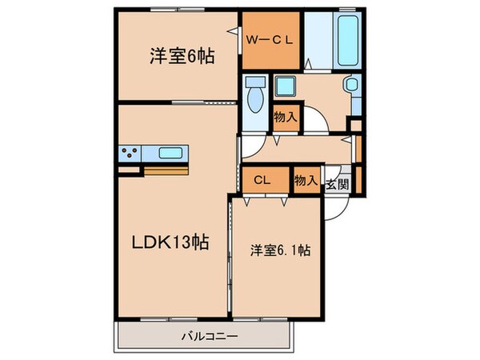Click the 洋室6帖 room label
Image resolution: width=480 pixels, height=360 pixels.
(x=181, y=58)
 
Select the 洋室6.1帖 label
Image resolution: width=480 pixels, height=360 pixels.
(x=277, y=250)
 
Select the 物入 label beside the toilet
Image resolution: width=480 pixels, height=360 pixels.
(x=286, y=117)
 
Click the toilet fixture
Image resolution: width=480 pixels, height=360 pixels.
(x=255, y=96)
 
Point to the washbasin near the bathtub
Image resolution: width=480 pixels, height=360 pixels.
(x=350, y=87)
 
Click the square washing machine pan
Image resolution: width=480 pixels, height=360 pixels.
(x=285, y=86)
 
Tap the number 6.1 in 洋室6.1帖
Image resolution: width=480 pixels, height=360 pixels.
(x=290, y=250)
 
